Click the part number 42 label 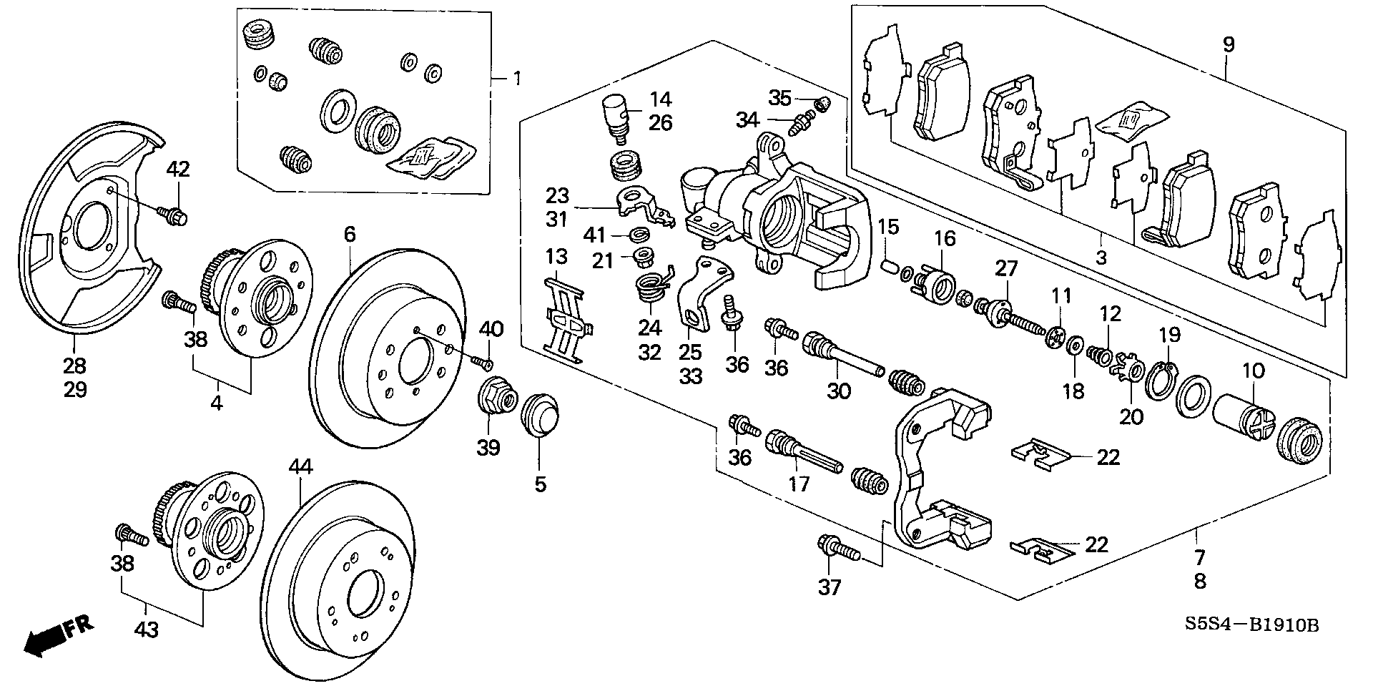(179, 170)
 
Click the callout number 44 (301, 467)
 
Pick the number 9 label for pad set (1228, 45)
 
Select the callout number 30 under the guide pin (840, 391)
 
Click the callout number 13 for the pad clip (556, 257)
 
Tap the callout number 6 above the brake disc (350, 234)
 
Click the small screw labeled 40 (483, 362)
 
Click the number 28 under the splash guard (74, 366)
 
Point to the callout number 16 (945, 238)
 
